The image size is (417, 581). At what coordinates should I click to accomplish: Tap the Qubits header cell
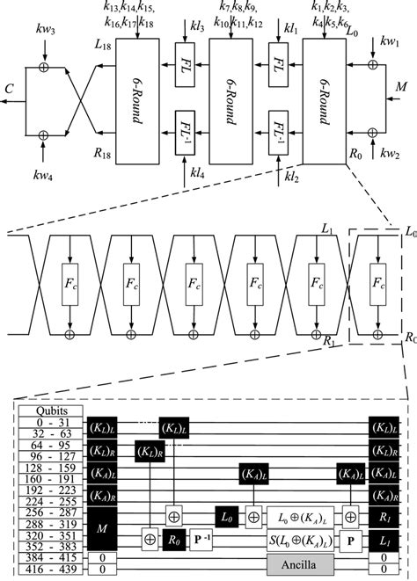[x=51, y=410]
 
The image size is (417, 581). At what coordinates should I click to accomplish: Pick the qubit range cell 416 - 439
[x=51, y=570]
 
